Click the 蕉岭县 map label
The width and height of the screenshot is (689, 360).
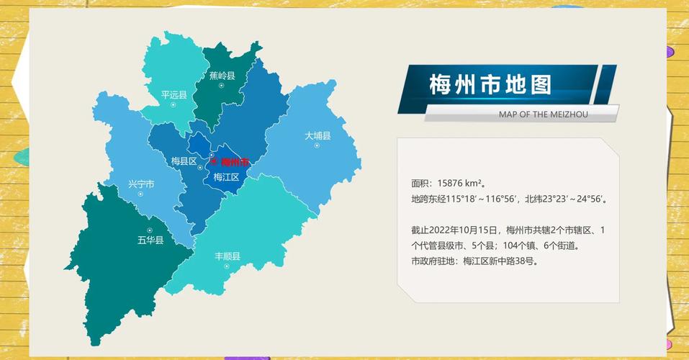point(222,75)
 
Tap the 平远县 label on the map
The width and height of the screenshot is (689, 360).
point(174,94)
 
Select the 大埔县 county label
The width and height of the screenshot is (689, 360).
point(317,135)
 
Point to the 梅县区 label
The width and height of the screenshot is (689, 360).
point(184,161)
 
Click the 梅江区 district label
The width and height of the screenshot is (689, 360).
point(226,176)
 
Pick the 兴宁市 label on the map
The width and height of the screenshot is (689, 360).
point(141,184)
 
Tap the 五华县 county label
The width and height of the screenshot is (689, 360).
point(150,240)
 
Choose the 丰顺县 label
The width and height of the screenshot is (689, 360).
point(228,256)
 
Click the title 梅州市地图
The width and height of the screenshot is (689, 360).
point(490,85)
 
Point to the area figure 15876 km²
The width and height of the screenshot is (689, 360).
point(461,184)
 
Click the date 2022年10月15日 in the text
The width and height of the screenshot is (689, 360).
point(464,230)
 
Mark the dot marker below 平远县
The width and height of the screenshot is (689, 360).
point(174,104)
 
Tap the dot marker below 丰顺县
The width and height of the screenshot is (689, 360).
point(228,266)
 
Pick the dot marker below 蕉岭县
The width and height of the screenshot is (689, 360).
point(222,85)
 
